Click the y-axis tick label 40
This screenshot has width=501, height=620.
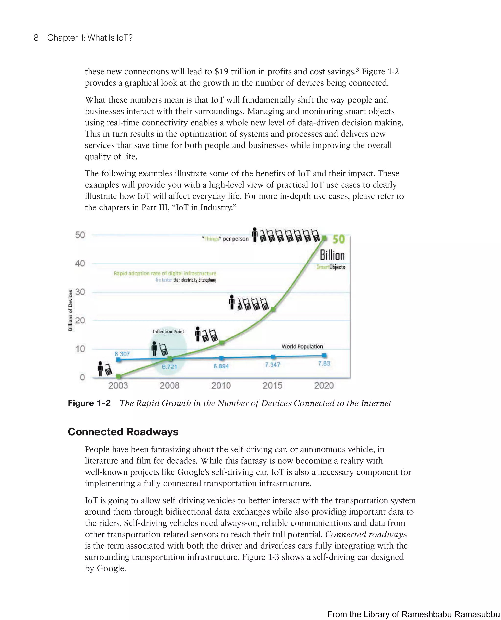80,263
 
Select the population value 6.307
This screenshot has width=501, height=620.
122,354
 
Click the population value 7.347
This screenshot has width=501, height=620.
273,365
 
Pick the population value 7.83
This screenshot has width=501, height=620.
324,363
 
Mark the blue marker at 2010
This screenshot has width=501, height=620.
221,358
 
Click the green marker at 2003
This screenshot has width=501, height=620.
118,376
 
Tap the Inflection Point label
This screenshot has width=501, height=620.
168,331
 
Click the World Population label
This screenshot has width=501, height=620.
302,347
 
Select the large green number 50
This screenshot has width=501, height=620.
338,239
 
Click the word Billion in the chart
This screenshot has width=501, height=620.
332,255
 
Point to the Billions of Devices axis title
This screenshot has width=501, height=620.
70,310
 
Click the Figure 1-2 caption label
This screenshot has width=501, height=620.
89,403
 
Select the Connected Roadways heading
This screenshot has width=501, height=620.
123,432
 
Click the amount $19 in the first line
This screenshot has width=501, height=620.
221,72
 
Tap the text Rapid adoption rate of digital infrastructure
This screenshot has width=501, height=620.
165,273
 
